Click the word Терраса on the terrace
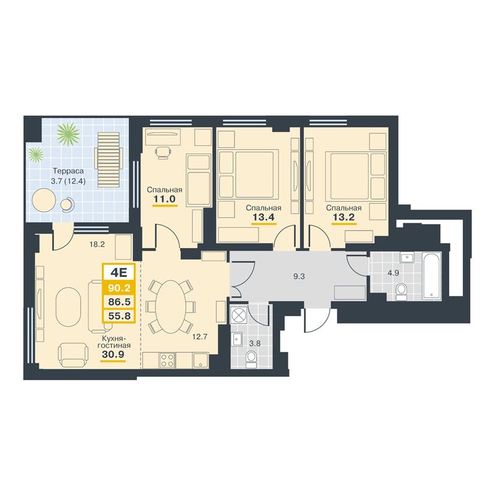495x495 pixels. [68, 171]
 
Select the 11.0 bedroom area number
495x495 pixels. [164, 199]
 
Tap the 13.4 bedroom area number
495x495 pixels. [264, 217]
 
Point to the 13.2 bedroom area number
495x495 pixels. [343, 217]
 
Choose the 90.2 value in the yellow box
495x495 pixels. [119, 288]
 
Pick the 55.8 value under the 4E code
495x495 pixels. [119, 316]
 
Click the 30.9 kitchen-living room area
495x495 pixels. [113, 355]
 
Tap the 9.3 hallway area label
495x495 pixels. [299, 277]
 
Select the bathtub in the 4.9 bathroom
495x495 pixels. [431, 276]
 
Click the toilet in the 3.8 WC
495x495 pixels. [251, 359]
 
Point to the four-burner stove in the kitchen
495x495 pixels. [167, 360]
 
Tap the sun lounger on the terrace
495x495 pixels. [108, 160]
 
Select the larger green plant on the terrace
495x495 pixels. [68, 134]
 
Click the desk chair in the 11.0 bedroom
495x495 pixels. [163, 152]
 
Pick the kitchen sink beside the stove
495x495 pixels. [200, 360]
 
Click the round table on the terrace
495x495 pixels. [44, 200]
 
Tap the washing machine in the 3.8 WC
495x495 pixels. [238, 314]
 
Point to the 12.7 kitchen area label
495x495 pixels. [200, 337]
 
